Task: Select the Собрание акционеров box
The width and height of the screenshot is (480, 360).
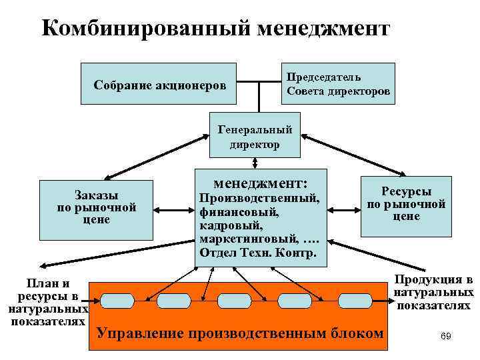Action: pyautogui.click(x=159, y=84)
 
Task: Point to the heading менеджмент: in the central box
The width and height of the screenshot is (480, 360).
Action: pyautogui.click(x=260, y=181)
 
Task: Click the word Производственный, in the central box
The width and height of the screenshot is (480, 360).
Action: pyautogui.click(x=259, y=199)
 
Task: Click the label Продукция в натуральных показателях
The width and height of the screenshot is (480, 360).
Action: pyautogui.click(x=433, y=292)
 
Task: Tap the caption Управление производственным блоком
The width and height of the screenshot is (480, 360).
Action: pyautogui.click(x=241, y=333)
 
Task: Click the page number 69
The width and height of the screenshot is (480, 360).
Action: pyautogui.click(x=446, y=337)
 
